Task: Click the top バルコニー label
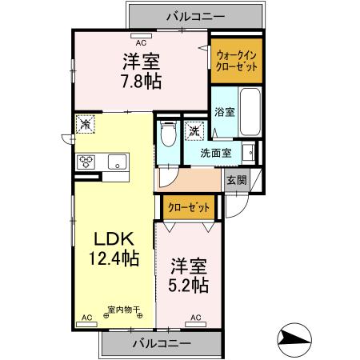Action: [195, 14]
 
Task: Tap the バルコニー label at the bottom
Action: [162, 343]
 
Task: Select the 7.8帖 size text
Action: [141, 80]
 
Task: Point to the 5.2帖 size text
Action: [189, 285]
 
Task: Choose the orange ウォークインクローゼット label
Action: [237, 61]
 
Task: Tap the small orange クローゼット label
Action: [189, 208]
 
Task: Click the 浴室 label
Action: [224, 113]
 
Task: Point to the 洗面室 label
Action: [216, 153]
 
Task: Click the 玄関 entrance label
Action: [236, 180]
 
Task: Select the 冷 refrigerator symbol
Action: [86, 124]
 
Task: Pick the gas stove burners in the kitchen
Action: [86, 162]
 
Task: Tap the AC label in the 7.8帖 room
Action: [141, 42]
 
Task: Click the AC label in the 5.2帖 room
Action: [196, 318]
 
